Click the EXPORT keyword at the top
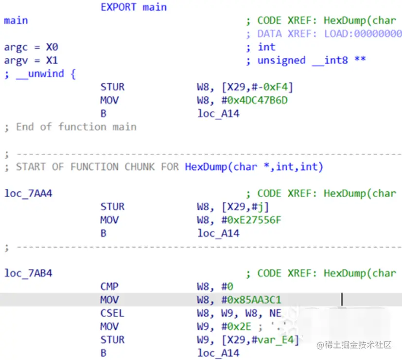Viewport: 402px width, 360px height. click(x=119, y=7)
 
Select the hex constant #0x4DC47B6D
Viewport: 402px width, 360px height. click(x=253, y=100)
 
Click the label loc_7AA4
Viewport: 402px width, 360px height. click(x=28, y=194)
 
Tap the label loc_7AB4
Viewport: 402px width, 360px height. click(x=28, y=273)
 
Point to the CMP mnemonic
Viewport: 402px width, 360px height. click(x=109, y=287)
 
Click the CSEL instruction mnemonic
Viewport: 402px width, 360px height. click(x=112, y=313)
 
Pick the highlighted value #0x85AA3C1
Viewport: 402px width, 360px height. click(x=253, y=300)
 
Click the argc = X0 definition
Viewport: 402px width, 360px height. click(x=31, y=47)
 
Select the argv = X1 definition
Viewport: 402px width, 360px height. click(x=31, y=60)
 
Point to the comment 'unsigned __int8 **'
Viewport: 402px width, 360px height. click(x=311, y=60)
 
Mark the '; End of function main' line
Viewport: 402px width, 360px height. click(x=70, y=127)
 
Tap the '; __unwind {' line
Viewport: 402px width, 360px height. click(x=40, y=74)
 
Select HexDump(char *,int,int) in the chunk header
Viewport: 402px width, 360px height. click(x=254, y=167)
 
